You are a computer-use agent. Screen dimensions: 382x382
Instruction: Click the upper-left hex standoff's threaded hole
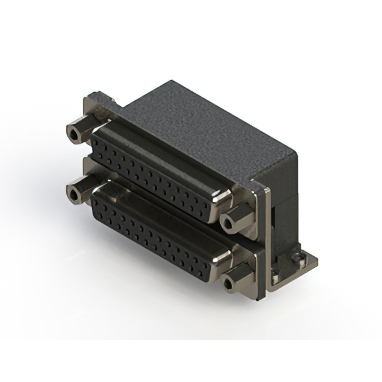(x=74, y=134)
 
